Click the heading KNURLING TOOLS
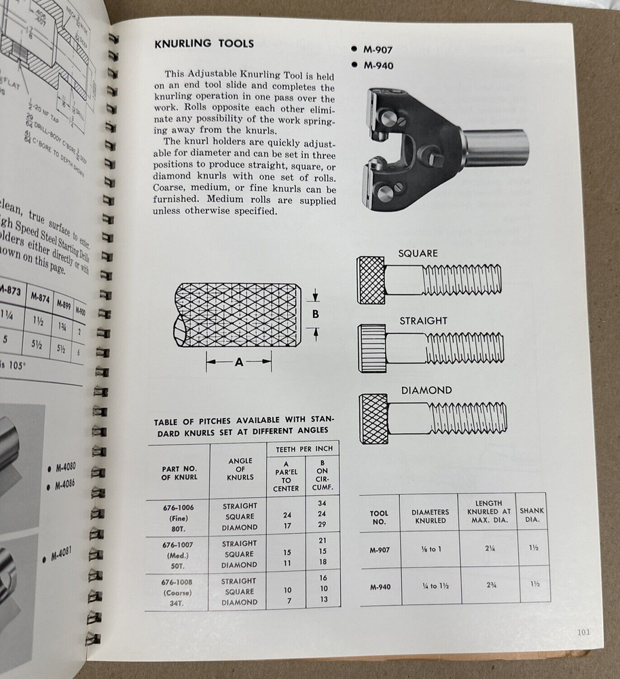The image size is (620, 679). pos(204,44)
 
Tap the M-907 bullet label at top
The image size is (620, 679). pos(378,50)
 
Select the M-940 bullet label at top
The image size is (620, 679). pos(378,66)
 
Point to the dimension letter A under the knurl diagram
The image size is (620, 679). pos(238,363)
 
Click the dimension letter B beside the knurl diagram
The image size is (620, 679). pos(314,314)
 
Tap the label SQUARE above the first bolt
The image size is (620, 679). pos(418,253)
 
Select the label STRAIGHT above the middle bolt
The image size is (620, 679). pos(423,320)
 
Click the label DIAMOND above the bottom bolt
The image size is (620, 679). pos(426,390)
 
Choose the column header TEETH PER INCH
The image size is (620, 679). pos(306,449)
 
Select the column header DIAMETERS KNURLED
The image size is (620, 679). pos(428,517)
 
